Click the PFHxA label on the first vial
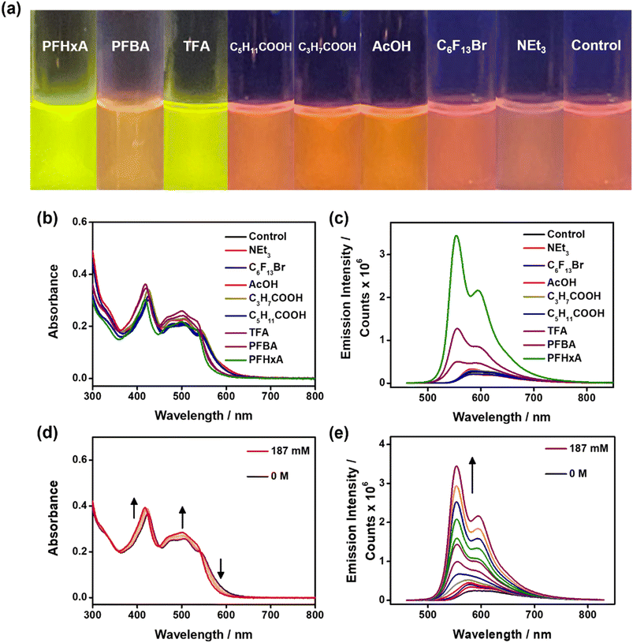[x=65, y=47]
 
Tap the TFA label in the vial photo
[x=196, y=47]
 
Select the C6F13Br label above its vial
[x=461, y=46]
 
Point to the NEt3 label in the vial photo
[x=531, y=47]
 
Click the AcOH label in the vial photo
[x=391, y=47]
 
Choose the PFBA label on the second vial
[x=130, y=47]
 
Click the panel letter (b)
[x=47, y=219]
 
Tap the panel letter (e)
[x=340, y=434]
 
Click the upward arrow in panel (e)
[x=472, y=475]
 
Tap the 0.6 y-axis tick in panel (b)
[x=80, y=222]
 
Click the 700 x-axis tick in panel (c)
[x=534, y=398]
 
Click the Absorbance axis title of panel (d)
[x=54, y=518]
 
